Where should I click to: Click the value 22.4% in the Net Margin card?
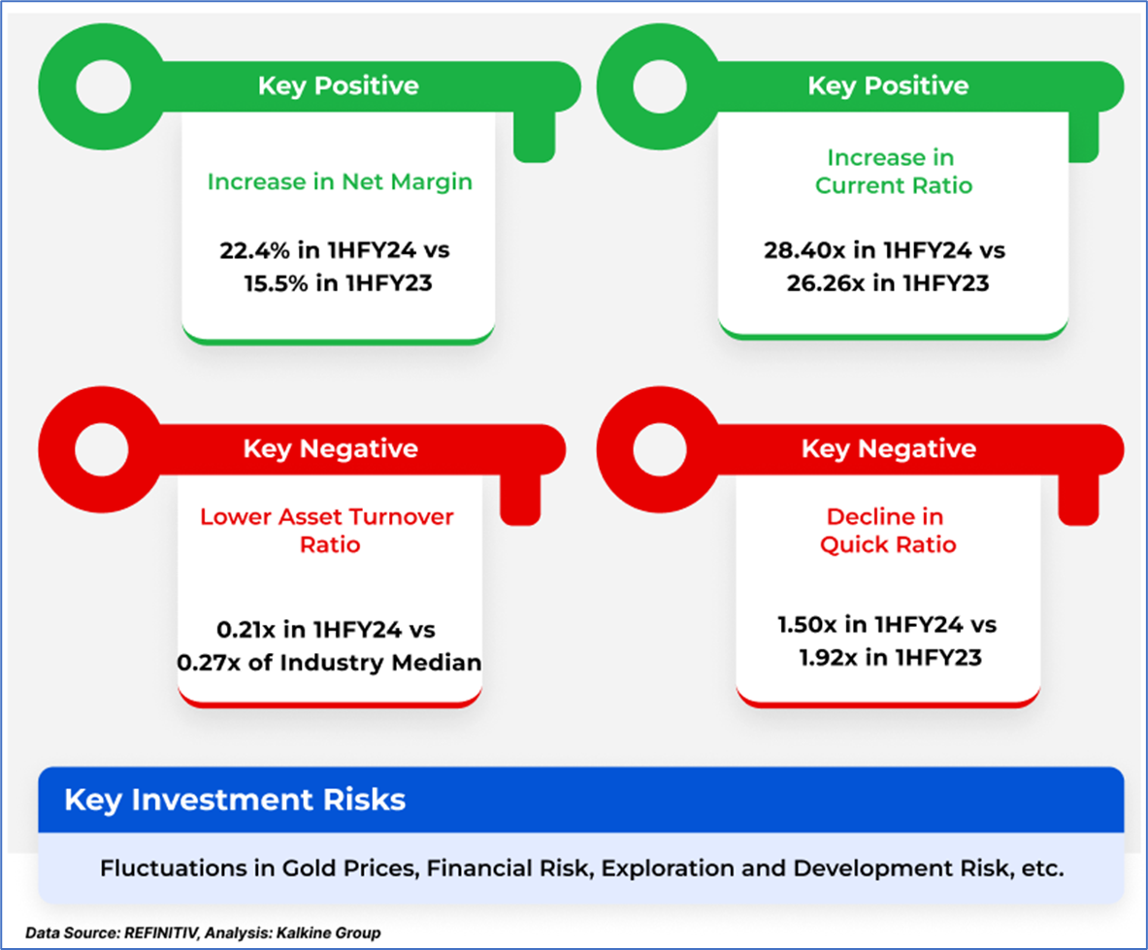point(254,250)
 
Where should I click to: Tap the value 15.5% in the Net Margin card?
point(276,283)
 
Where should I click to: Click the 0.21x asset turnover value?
point(246,630)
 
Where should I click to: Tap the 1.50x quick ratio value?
point(806,625)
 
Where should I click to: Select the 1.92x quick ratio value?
point(828,658)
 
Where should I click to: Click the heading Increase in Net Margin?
point(340,181)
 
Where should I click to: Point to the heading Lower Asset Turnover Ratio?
point(327,531)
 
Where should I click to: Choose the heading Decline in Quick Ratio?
point(887,531)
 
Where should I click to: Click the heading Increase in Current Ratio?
point(893,171)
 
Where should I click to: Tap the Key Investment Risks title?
point(235,800)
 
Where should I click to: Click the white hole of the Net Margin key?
point(103,86)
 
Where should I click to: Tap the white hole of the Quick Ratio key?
point(660,449)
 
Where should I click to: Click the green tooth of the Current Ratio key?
point(1084,136)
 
